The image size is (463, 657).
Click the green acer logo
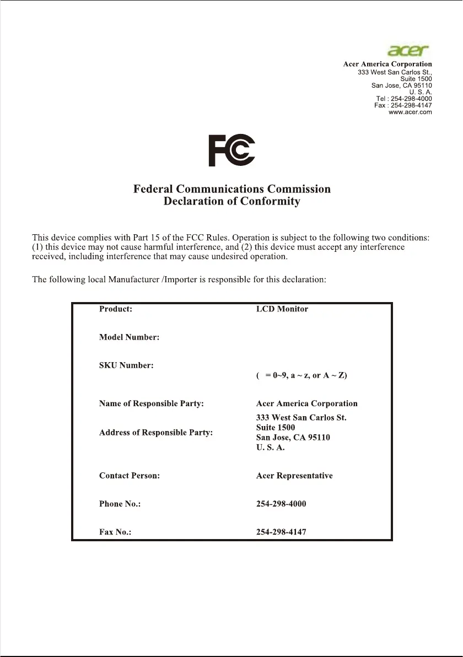(x=408, y=51)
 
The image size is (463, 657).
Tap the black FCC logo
(x=232, y=150)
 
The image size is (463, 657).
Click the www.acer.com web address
(x=410, y=112)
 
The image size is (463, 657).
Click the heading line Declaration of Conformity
(x=232, y=202)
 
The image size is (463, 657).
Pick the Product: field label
(x=115, y=309)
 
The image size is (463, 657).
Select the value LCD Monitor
(x=282, y=309)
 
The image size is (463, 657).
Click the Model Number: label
(x=129, y=337)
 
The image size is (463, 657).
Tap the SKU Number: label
(x=126, y=365)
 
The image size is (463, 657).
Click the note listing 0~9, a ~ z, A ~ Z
(x=302, y=376)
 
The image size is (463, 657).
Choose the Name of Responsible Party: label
(x=152, y=404)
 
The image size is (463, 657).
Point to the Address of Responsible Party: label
(x=156, y=433)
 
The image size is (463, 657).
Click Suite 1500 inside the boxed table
(x=276, y=428)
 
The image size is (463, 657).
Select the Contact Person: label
(x=130, y=476)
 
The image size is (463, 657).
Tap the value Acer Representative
(x=294, y=476)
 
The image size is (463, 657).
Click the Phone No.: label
(x=120, y=504)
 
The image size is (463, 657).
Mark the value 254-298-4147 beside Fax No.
(x=281, y=532)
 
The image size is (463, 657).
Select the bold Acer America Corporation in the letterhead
(x=387, y=64)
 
